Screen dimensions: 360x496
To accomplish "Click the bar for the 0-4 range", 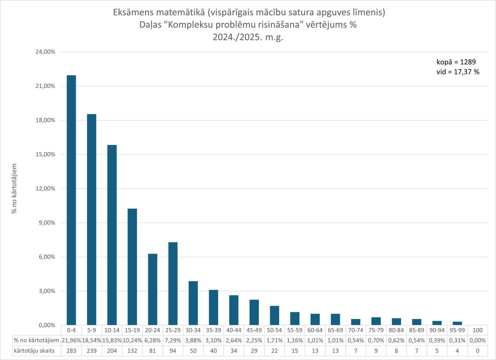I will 71,200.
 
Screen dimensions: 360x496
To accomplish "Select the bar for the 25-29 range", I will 173,284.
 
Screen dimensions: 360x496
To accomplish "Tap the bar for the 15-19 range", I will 132,267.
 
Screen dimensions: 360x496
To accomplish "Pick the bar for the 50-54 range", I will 275,315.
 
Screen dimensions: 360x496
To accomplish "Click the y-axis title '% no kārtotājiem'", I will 14,189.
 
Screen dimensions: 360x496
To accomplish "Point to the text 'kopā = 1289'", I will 456,62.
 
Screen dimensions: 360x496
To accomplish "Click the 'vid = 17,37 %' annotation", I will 458,72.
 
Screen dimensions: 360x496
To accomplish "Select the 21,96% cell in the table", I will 71,341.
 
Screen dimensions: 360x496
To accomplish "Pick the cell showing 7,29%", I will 173,341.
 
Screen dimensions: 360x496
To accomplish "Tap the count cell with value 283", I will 71,351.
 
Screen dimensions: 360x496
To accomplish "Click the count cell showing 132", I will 132,351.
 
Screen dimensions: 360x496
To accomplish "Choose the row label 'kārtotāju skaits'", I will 34,351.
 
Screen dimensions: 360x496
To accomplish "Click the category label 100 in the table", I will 478,330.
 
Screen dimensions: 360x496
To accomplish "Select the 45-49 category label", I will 254,330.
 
